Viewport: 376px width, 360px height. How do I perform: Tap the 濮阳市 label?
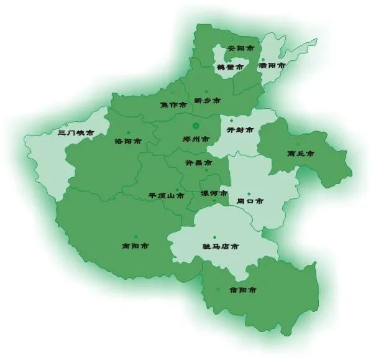(x=272, y=65)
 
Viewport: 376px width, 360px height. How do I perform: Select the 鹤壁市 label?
(x=230, y=67)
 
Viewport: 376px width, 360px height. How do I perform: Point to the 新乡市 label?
(x=207, y=100)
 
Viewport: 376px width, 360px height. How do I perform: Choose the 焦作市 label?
(x=173, y=104)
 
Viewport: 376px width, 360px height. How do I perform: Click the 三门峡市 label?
(x=75, y=133)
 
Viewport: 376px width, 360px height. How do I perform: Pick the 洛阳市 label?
(x=129, y=141)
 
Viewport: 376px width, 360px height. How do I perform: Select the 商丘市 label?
(x=300, y=153)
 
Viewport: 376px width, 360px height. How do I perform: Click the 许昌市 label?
(x=198, y=163)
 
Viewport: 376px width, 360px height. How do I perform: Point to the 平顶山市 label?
(x=166, y=195)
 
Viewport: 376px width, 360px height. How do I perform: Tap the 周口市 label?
(x=250, y=201)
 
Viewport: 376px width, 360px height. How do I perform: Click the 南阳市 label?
(x=135, y=246)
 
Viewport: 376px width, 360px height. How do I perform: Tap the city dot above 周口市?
(x=249, y=193)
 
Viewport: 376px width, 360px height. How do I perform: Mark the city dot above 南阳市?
(x=135, y=236)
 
